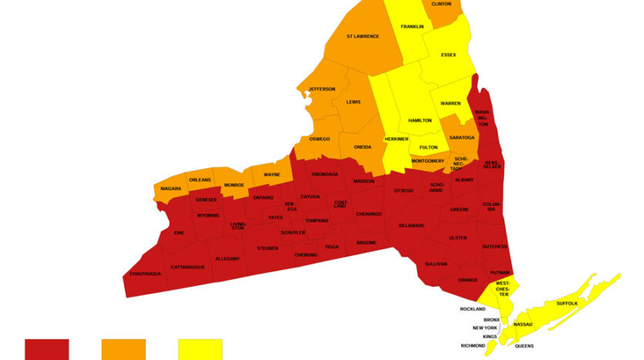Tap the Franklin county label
pyautogui.click(x=412, y=27)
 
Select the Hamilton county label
pyautogui.click(x=420, y=120)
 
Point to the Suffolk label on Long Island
pyautogui.click(x=567, y=304)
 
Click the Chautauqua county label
pyautogui.click(x=146, y=274)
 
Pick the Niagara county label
pyautogui.click(x=171, y=188)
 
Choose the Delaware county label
pyautogui.click(x=412, y=225)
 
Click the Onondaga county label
pyautogui.click(x=325, y=174)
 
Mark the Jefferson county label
pyautogui.click(x=322, y=89)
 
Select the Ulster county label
pyautogui.click(x=457, y=237)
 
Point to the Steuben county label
pyautogui.click(x=268, y=248)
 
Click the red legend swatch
pyautogui.click(x=47, y=349)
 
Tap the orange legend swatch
pyautogui.click(x=123, y=349)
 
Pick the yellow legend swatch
pyautogui.click(x=201, y=349)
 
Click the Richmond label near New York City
pyautogui.click(x=474, y=345)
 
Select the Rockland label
pyautogui.click(x=473, y=309)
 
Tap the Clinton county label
pyautogui.click(x=441, y=4)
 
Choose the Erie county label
pyautogui.click(x=179, y=232)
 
